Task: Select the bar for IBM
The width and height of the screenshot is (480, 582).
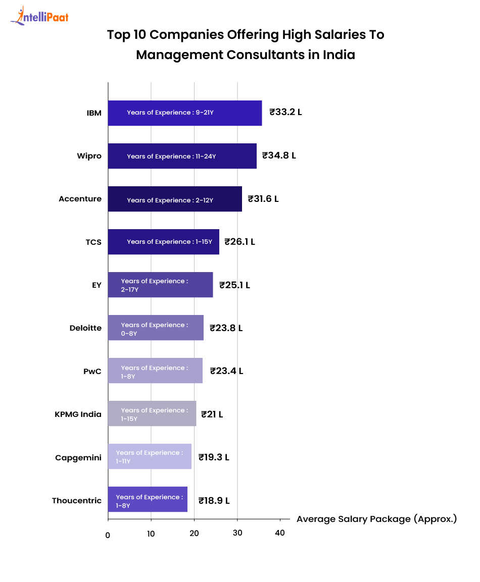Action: tap(185, 113)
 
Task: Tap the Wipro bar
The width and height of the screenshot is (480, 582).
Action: tap(182, 156)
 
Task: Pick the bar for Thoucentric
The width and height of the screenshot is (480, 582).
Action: tap(148, 500)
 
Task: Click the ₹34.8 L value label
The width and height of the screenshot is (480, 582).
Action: tap(279, 155)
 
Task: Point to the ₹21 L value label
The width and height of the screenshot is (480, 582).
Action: tap(212, 414)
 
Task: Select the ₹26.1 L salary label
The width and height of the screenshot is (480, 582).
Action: tap(239, 242)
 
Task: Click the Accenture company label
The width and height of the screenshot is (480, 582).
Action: tap(80, 199)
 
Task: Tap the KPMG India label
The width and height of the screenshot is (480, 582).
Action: tap(78, 414)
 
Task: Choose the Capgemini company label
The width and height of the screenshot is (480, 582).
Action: tap(78, 458)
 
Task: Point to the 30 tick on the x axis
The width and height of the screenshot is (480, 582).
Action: tap(237, 534)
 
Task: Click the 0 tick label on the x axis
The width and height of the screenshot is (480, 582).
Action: tap(108, 535)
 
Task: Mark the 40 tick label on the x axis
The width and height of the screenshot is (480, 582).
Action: tap(280, 534)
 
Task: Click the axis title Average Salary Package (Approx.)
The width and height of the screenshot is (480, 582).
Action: tap(376, 519)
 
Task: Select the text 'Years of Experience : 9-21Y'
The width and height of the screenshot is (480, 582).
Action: tap(170, 113)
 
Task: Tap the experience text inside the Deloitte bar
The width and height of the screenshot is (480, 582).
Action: tap(154, 329)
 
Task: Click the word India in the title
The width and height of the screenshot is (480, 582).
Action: tap(339, 55)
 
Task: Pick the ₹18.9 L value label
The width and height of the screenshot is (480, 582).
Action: tap(214, 501)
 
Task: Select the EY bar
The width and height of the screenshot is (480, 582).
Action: tap(160, 285)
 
